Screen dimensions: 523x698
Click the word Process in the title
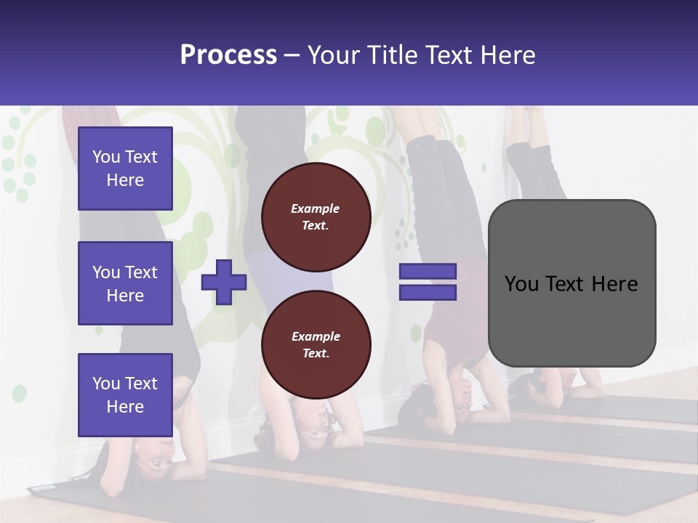228,55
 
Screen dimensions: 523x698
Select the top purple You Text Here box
125,169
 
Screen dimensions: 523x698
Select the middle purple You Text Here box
125,283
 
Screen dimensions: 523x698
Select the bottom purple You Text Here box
125,394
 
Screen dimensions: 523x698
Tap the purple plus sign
224,283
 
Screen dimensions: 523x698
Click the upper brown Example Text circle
316,216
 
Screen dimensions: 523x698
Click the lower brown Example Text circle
316,344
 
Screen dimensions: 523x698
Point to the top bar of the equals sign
428,271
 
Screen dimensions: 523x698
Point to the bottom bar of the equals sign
428,293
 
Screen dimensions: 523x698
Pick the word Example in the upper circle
316,208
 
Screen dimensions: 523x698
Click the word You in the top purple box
106,157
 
